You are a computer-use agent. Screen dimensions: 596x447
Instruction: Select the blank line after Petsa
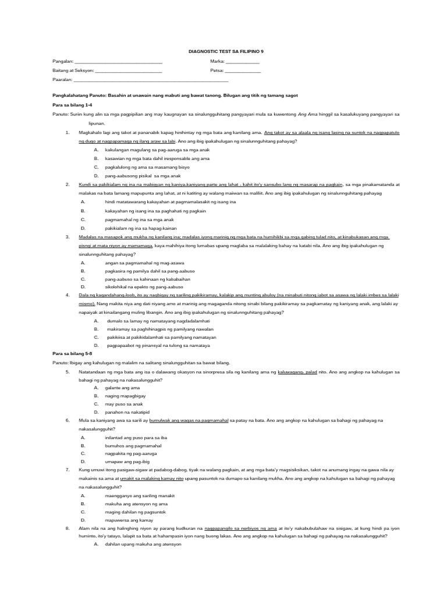click(x=242, y=71)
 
